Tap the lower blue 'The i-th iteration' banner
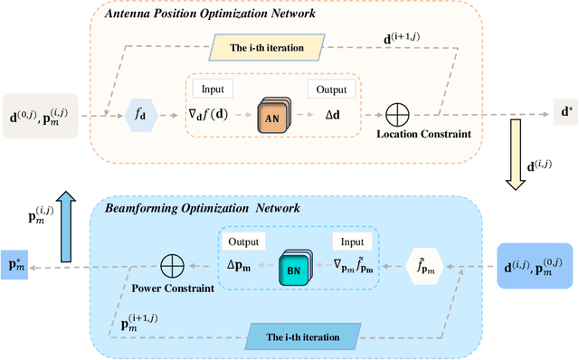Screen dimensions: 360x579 coord(302,337)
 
